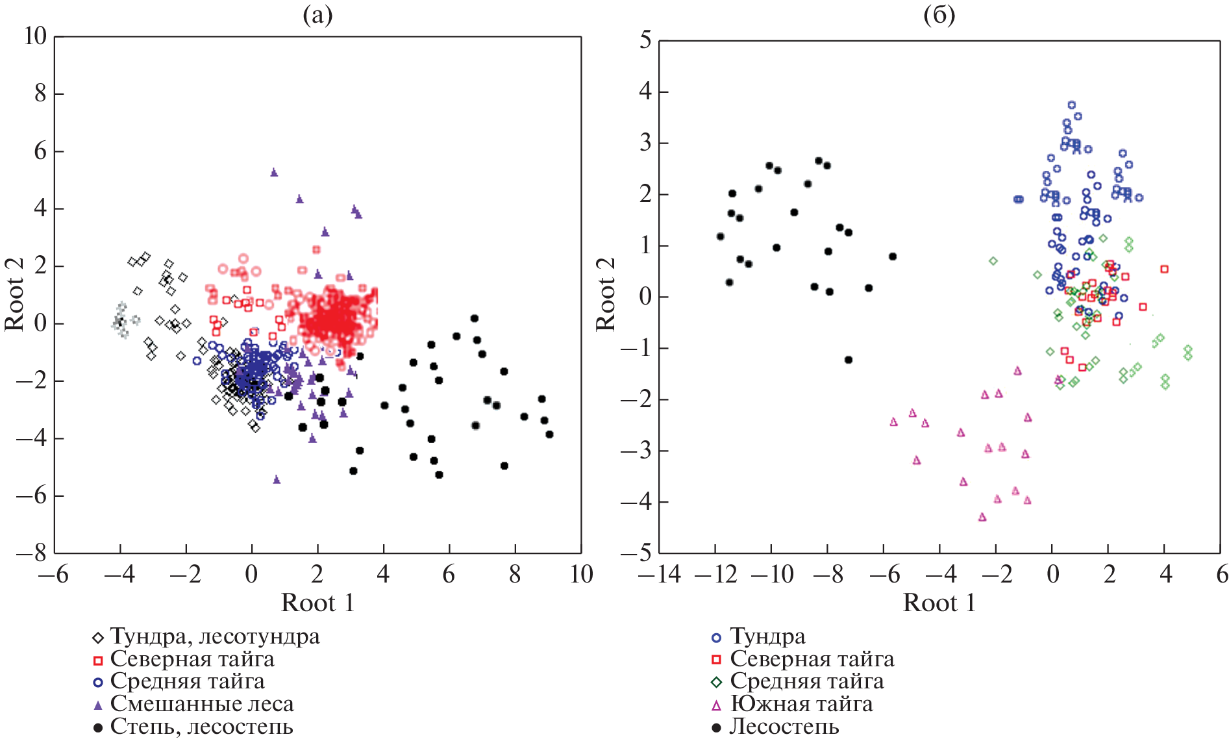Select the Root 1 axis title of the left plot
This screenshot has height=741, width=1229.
coord(317,603)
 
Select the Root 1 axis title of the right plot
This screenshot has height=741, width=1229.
coord(939,603)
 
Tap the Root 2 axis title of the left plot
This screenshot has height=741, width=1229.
coord(14,294)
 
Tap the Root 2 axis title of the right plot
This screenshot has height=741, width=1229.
coord(606,294)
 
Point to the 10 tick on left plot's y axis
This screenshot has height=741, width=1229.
coord(36,36)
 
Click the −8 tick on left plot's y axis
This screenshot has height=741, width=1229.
coord(32,553)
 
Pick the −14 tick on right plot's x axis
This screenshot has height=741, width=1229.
coord(660,575)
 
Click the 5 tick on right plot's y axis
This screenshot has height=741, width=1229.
coord(645,40)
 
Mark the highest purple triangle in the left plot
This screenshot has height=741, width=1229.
coord(274,172)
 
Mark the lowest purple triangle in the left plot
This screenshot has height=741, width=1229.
coord(277,479)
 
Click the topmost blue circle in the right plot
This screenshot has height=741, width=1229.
coord(1072,105)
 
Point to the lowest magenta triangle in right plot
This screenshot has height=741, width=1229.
coord(982,517)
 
